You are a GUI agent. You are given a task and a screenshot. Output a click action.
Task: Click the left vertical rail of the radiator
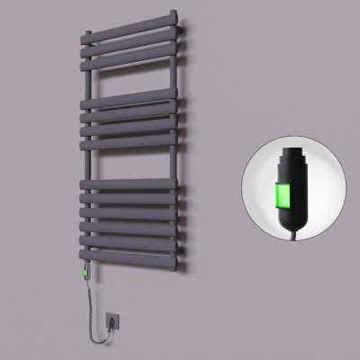pos(86,162)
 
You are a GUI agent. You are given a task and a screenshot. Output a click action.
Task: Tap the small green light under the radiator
pos(85,269)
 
